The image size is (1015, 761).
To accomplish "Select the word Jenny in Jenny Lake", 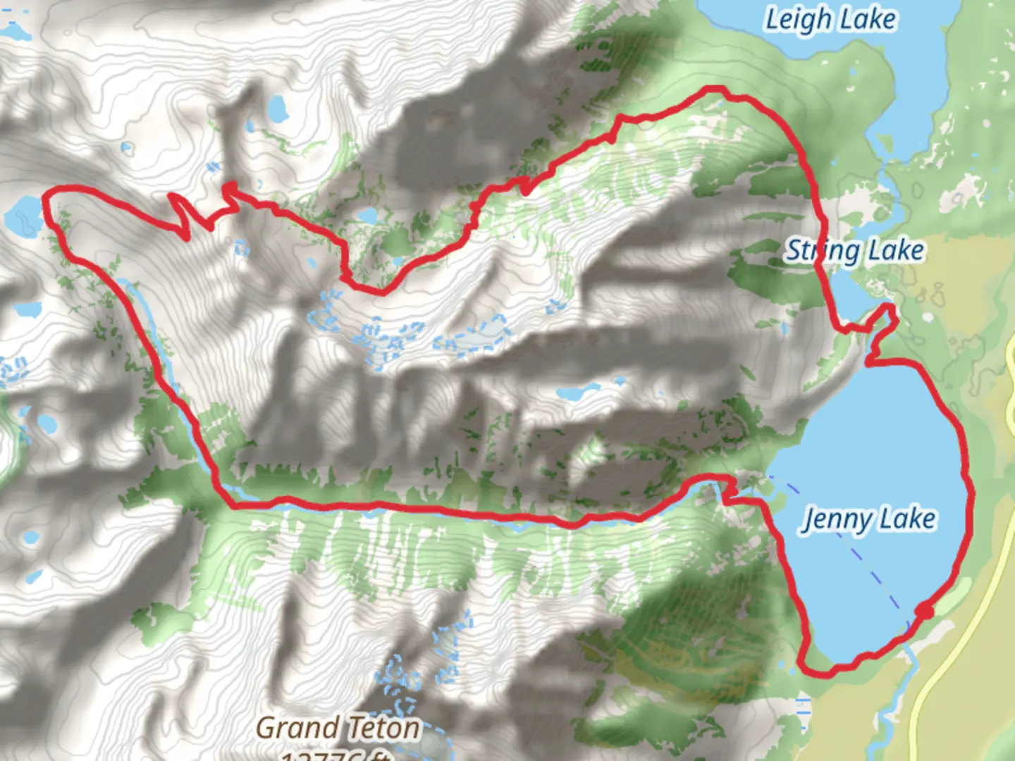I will pos(837,519).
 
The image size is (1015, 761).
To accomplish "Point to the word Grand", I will pos(297,728).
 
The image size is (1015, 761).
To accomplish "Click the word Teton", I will pos(383,728).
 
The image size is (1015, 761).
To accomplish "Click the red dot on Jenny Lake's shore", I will pos(925,611).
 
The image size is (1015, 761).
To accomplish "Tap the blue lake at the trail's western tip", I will pos(23,214).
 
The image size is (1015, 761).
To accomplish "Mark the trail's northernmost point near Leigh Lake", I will pos(715,89).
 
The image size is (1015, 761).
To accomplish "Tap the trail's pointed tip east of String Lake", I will pos(890,307).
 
